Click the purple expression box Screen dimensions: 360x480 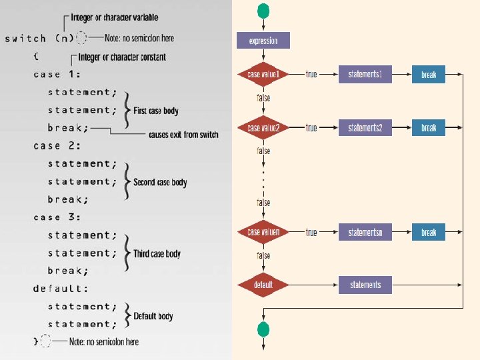[263, 41]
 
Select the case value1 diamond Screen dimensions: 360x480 [263, 74]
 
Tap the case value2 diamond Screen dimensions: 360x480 [263, 127]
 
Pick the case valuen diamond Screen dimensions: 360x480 [263, 232]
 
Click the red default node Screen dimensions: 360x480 [263, 285]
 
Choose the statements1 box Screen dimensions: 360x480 [365, 74]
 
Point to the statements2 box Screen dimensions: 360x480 [365, 127]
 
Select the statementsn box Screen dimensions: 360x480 [365, 232]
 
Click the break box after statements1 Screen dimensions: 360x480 [429, 75]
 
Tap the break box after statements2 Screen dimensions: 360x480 [429, 127]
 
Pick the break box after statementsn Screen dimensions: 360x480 [429, 232]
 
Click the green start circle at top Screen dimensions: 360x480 [263, 11]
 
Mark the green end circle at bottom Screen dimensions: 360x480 [263, 329]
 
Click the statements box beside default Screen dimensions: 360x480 [365, 285]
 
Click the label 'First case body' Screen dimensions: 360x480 [156, 111]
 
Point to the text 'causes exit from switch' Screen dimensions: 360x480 [183, 135]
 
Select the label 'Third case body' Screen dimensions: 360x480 [157, 253]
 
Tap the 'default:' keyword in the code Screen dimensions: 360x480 [61, 289]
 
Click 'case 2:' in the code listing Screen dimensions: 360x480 [57, 145]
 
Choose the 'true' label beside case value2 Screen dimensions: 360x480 [311, 127]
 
